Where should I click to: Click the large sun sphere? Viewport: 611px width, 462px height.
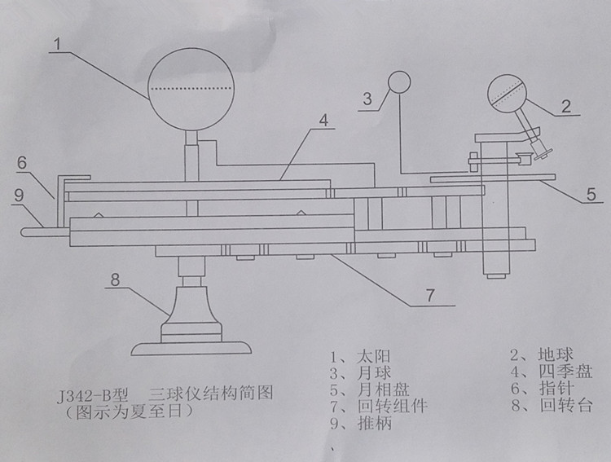[x=191, y=89]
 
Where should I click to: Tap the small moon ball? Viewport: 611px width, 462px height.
[x=399, y=81]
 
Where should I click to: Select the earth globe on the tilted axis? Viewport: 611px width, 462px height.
[x=508, y=97]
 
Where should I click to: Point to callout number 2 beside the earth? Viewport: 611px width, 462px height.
[x=564, y=105]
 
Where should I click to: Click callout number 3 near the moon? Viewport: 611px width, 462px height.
[x=367, y=99]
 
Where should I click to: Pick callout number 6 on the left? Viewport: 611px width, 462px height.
[x=23, y=162]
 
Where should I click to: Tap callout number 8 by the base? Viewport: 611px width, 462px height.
[x=115, y=279]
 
